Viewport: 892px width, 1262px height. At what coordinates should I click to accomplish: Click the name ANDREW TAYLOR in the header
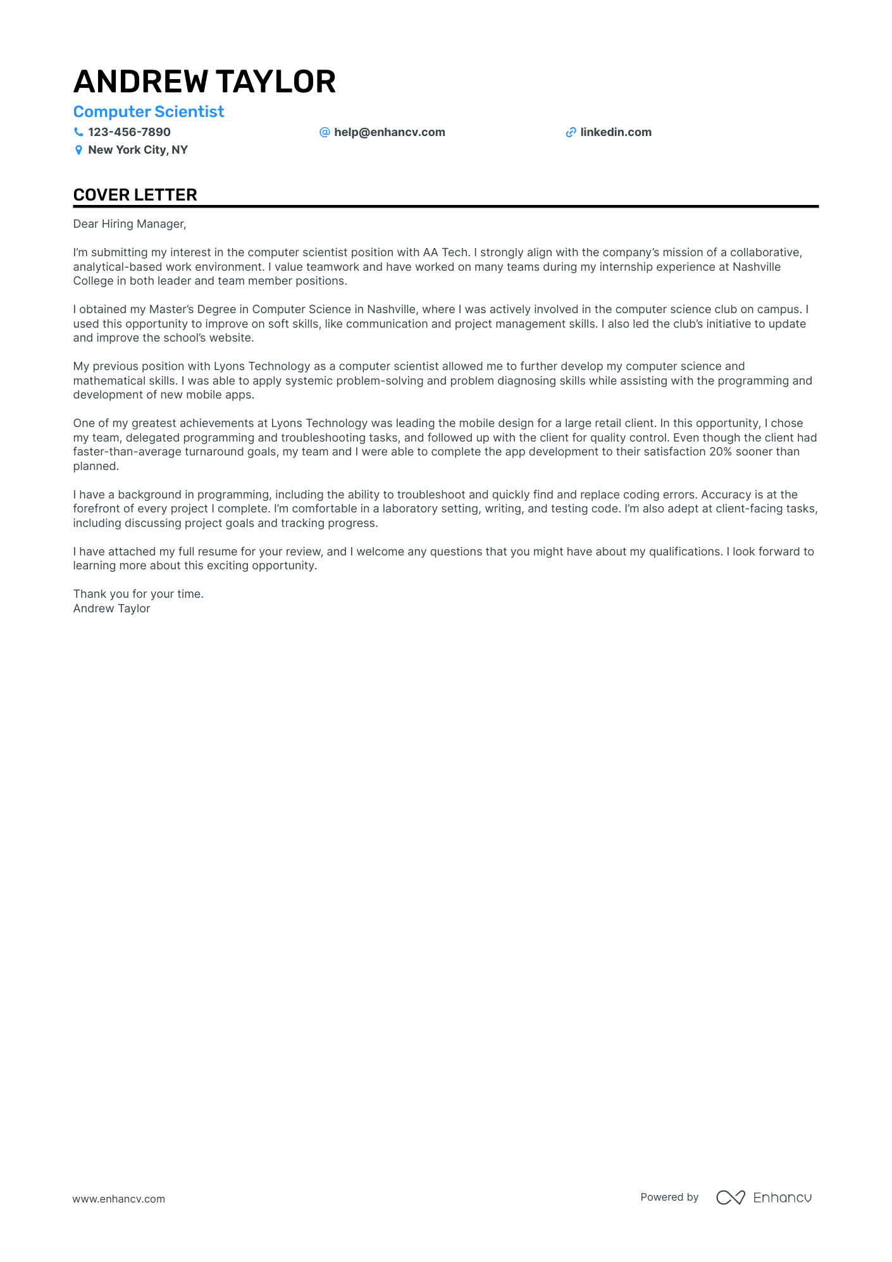204,82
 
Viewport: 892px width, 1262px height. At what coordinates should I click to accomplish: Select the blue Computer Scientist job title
149,112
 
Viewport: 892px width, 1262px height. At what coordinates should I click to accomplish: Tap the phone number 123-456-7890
129,132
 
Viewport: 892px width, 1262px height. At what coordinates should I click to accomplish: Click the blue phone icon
78,132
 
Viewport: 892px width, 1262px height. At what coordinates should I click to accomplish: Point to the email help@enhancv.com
389,132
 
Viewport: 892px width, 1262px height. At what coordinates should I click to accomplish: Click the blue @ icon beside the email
325,132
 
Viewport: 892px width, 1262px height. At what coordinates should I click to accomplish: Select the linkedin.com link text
616,132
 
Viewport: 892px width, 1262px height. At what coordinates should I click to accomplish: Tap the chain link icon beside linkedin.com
571,132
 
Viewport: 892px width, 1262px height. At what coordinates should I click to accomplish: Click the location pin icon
78,150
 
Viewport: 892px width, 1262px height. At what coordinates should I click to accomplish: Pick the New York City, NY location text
138,150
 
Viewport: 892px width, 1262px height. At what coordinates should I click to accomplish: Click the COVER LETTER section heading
135,195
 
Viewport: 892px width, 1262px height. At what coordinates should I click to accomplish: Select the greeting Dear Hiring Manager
130,224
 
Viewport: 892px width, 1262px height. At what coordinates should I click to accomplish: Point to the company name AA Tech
445,252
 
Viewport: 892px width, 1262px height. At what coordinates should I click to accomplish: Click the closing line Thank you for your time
139,594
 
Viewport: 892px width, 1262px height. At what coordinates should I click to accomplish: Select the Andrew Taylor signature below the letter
112,609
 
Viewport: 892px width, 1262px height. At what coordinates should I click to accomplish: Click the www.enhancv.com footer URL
119,1199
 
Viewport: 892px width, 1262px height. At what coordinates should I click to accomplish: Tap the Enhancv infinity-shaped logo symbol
731,1197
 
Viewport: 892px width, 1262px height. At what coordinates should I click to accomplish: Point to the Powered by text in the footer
669,1197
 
